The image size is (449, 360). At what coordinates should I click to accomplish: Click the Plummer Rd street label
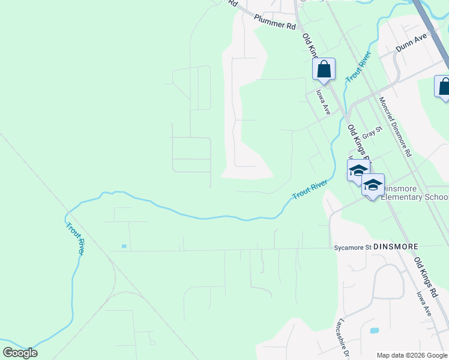coord(275,22)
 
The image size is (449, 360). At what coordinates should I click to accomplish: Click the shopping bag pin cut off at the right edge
coord(443,86)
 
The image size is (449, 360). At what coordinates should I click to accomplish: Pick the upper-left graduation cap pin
coord(358,170)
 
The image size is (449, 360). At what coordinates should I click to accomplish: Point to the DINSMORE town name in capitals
coord(395,247)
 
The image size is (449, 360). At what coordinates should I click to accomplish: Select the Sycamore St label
coord(352,247)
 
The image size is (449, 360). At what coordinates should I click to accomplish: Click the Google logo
coord(20,353)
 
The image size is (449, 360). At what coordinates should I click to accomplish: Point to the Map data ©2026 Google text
coord(412,355)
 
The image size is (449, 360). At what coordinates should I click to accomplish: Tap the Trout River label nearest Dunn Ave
coord(358,67)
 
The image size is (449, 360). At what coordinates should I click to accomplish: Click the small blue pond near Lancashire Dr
coord(375,331)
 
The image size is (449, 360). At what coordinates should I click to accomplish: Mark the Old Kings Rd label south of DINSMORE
coord(427,274)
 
